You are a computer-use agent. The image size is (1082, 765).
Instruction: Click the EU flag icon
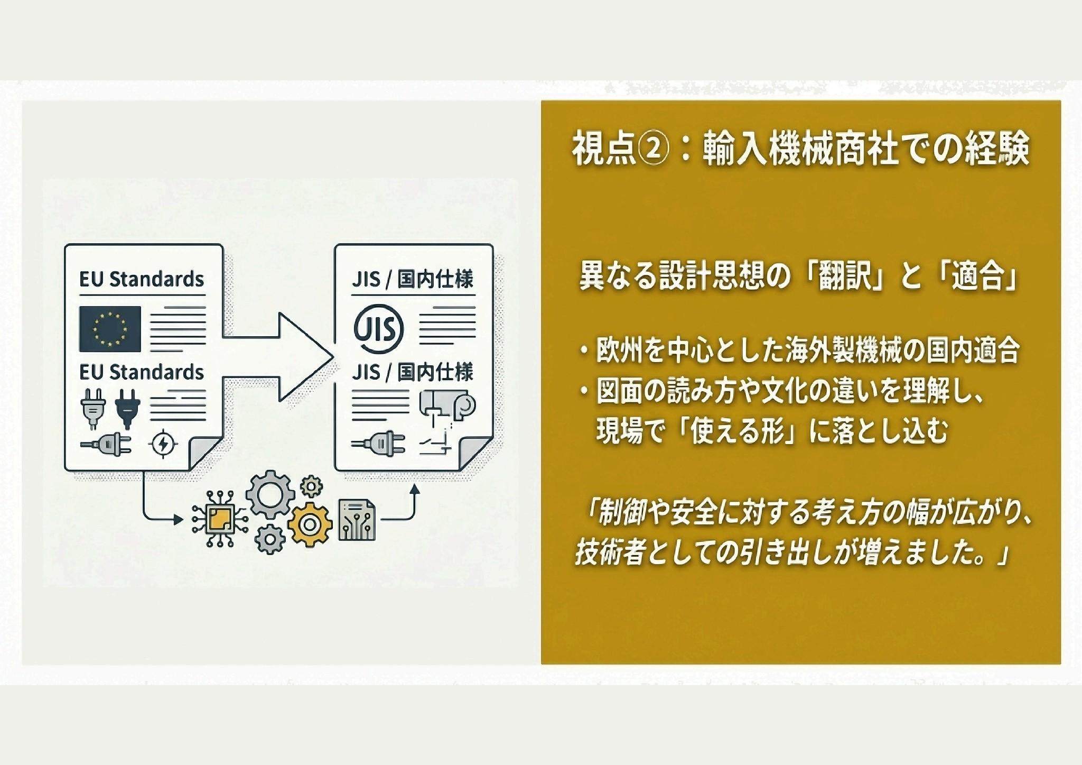pos(110,328)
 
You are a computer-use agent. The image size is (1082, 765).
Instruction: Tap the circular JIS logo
pos(378,328)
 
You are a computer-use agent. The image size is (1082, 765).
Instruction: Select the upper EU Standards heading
pos(142,279)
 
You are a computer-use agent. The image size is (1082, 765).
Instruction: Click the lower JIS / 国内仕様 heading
pos(413,373)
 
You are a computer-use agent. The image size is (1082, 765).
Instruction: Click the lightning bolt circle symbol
pos(164,444)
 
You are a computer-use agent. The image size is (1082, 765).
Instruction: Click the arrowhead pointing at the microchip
pos(178,520)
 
